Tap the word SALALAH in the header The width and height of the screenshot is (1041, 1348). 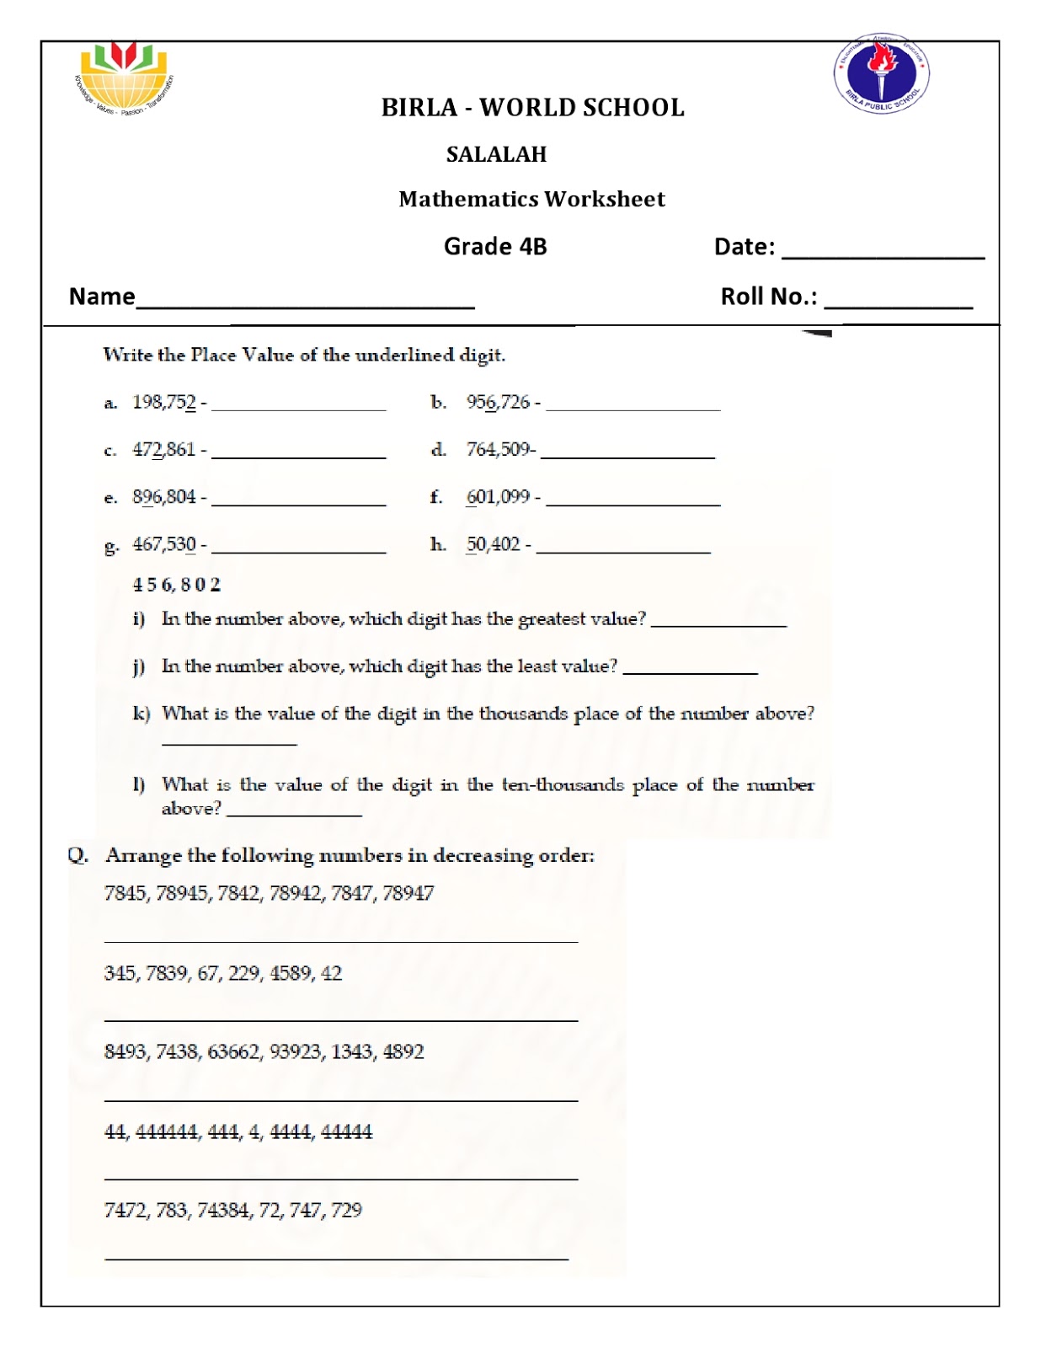[x=496, y=154]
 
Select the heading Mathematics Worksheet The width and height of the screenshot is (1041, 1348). [x=531, y=199]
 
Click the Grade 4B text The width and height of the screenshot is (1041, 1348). [x=495, y=246]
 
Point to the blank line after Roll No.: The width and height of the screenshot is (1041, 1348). [x=898, y=303]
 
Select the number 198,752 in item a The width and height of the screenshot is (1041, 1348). [x=163, y=402]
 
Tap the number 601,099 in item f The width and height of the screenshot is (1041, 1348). [x=498, y=496]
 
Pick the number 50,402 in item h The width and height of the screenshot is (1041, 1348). [x=494, y=544]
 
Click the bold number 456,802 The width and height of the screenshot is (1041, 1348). [x=176, y=584]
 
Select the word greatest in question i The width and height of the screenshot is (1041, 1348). [x=552, y=619]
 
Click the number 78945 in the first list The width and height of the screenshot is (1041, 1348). [x=181, y=893]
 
